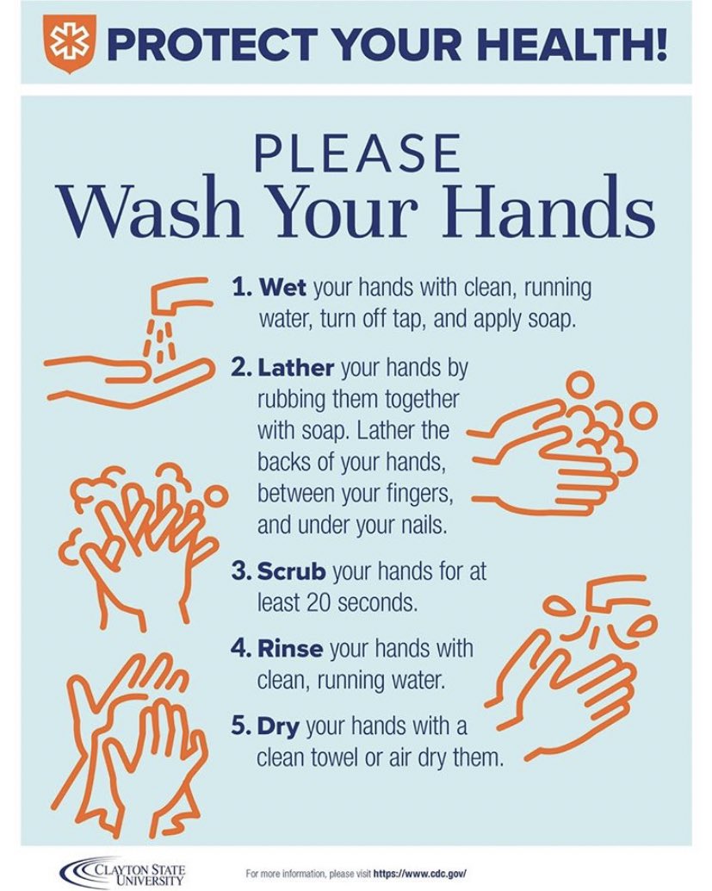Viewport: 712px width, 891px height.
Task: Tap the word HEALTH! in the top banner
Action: click(x=582, y=44)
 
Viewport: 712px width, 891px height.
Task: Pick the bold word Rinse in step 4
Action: click(x=293, y=647)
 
